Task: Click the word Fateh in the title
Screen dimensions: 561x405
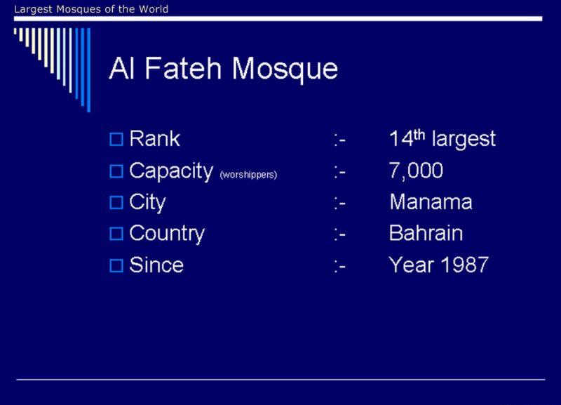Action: pos(183,68)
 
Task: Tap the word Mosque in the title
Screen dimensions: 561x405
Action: pos(285,70)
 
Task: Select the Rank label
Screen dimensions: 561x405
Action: pos(154,138)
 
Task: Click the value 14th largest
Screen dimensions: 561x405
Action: pos(442,138)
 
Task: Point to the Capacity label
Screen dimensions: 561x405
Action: pos(171,171)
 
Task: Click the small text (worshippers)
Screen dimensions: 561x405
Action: pos(248,175)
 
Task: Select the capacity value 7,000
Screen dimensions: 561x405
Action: pos(416,171)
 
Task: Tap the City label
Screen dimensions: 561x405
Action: pos(147,203)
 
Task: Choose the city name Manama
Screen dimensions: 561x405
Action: pos(431,202)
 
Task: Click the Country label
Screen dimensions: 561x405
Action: pos(167,234)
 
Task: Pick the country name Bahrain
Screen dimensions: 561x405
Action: pos(426,234)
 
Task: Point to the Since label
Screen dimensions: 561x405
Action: pos(156,265)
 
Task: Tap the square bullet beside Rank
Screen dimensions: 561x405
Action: pos(116,139)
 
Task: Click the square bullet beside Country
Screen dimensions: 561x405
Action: pos(116,234)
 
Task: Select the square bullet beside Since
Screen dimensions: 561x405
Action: pos(116,266)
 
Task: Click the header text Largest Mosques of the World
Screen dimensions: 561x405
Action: pos(91,9)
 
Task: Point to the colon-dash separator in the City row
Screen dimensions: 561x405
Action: pos(340,204)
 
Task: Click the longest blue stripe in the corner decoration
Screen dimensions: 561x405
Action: pos(89,70)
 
